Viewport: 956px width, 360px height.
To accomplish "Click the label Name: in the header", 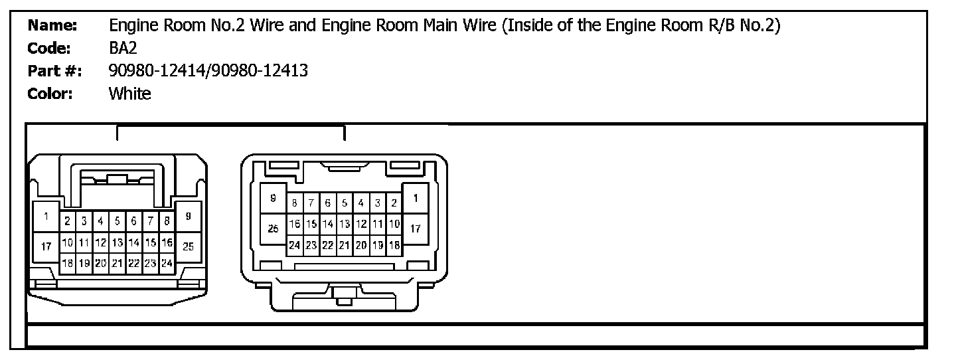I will click(52, 27).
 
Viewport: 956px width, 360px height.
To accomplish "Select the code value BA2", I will click(123, 48).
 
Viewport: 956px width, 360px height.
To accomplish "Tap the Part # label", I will click(54, 71).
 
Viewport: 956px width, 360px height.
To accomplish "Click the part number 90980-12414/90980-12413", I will click(208, 71).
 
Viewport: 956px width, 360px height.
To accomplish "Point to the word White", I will click(129, 94).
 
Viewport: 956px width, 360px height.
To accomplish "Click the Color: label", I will click(50, 94).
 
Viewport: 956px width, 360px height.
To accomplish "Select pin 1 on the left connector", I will click(46, 217).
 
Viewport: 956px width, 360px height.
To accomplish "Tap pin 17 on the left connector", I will click(46, 246).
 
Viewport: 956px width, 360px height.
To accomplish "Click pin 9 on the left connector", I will click(189, 217).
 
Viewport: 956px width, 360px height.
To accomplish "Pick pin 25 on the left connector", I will click(189, 246).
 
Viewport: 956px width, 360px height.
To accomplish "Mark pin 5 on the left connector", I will click(117, 221).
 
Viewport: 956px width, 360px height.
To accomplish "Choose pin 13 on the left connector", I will click(117, 242).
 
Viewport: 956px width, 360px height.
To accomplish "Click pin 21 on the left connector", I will click(117, 263).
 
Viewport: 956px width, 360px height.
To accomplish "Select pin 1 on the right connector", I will click(416, 198).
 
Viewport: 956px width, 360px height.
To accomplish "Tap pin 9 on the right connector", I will click(273, 198).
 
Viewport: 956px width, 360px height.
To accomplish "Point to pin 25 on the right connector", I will click(273, 228).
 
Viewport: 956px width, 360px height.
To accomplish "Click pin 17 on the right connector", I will click(416, 228).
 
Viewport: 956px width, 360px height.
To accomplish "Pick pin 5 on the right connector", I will click(345, 203).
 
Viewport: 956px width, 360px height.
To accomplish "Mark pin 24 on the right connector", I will click(294, 245).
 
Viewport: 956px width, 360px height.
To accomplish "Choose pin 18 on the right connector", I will click(394, 245).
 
